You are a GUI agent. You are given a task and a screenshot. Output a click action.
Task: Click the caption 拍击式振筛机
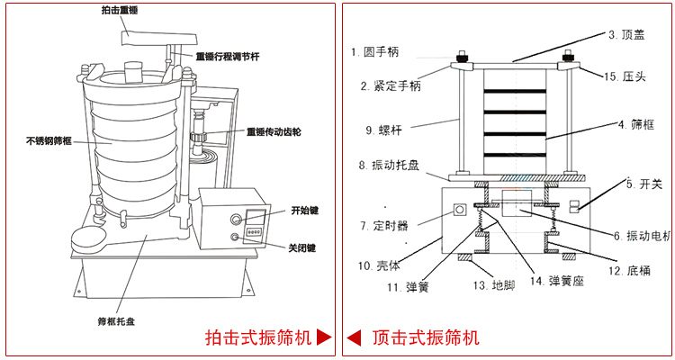[258, 338]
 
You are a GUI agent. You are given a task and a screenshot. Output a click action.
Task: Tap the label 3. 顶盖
[625, 35]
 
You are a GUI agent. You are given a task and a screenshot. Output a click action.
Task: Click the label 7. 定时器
[384, 225]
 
